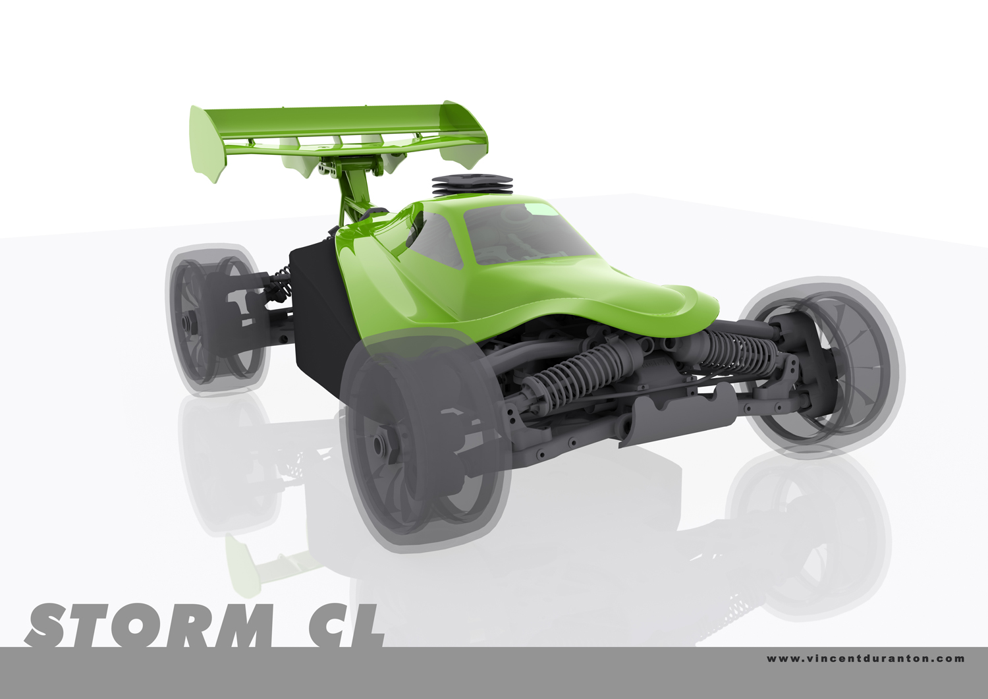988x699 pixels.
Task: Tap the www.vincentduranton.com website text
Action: pos(865,659)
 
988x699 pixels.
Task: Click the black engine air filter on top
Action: pos(472,185)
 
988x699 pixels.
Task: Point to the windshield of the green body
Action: pos(530,234)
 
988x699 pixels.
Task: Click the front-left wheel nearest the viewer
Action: pos(425,441)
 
